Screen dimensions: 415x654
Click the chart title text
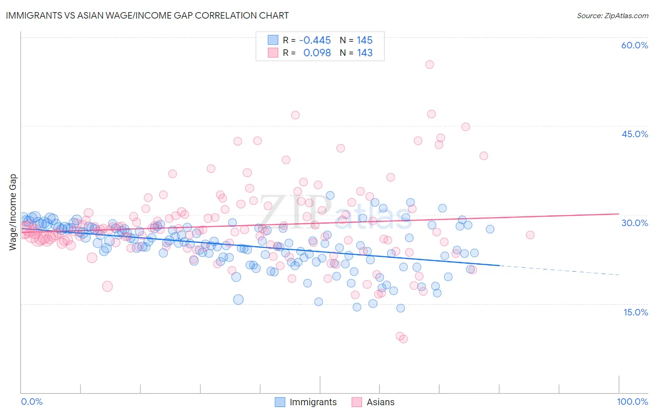tap(147, 15)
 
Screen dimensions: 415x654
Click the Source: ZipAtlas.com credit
tap(612, 16)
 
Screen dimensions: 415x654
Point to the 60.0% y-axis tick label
tap(634, 45)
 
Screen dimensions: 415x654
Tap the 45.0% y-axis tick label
tap(634, 134)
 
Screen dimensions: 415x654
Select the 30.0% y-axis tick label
tap(634, 223)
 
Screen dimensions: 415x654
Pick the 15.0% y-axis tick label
tap(635, 312)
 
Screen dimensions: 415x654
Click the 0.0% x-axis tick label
tap(32, 402)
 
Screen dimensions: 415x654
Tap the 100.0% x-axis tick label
tap(632, 402)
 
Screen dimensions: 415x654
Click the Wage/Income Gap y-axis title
tap(13, 212)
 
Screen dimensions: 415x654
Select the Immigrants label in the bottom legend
tap(313, 402)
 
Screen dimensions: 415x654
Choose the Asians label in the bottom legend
tap(380, 402)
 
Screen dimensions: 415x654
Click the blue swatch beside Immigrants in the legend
tap(280, 402)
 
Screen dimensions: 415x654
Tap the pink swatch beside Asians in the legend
tap(357, 402)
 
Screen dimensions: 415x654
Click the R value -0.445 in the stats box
tap(315, 40)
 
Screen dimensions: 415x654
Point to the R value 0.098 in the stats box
tap(317, 53)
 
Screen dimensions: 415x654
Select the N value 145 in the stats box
tap(365, 40)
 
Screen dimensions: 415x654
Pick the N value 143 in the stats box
tap(365, 53)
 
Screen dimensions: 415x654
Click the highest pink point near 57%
tap(429, 65)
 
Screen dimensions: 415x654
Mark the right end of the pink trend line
tap(619, 214)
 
